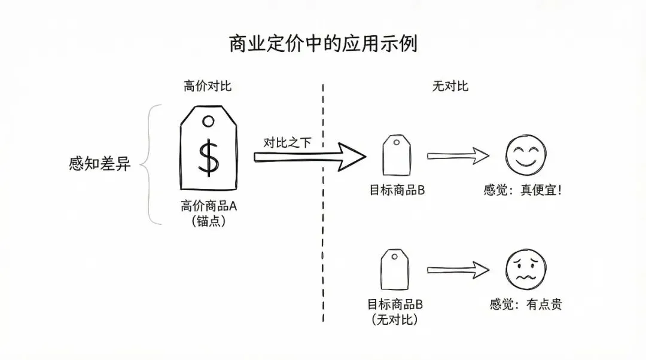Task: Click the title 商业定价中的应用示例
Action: tap(323, 44)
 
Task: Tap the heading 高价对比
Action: tap(207, 86)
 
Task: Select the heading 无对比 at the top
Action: tap(450, 86)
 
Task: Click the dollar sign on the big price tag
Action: tap(208, 157)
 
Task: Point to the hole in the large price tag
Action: tap(208, 122)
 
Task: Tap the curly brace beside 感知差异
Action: tap(151, 164)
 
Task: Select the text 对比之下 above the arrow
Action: tap(287, 143)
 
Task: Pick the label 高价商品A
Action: tap(209, 206)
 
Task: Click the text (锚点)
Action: tap(209, 221)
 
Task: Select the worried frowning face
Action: tap(526, 270)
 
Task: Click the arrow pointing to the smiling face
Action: tap(458, 157)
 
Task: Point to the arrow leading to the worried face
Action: tap(458, 270)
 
